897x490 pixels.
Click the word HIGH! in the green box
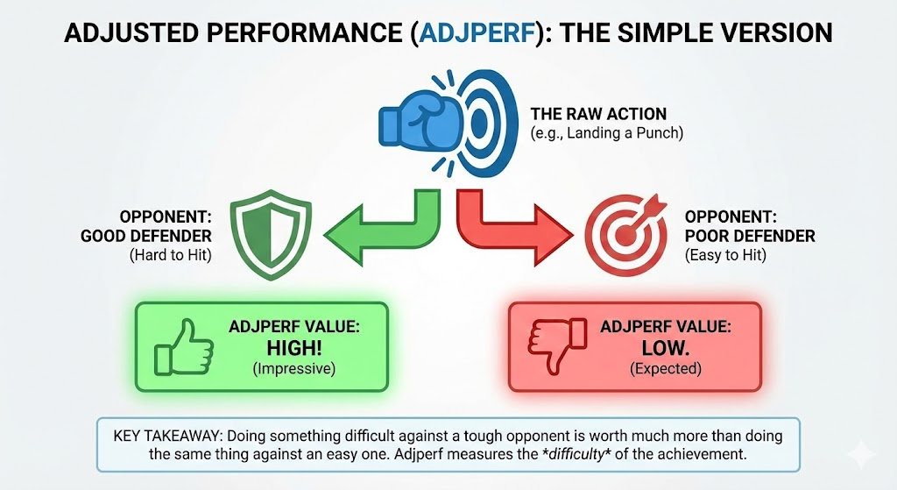(293, 347)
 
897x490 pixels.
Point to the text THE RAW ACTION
(598, 114)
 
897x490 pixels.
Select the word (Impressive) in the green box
(293, 369)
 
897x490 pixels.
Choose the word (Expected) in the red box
(665, 369)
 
